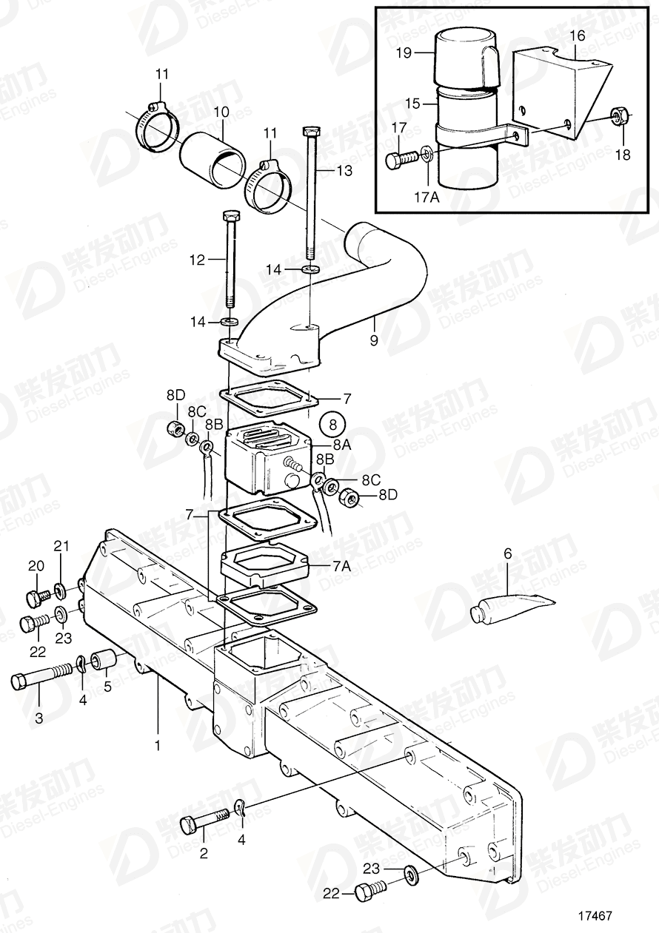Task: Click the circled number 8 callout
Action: click(x=332, y=425)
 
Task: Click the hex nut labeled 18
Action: click(x=620, y=115)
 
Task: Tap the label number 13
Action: click(x=346, y=171)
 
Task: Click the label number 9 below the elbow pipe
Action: click(x=374, y=340)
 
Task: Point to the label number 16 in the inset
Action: click(x=578, y=36)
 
